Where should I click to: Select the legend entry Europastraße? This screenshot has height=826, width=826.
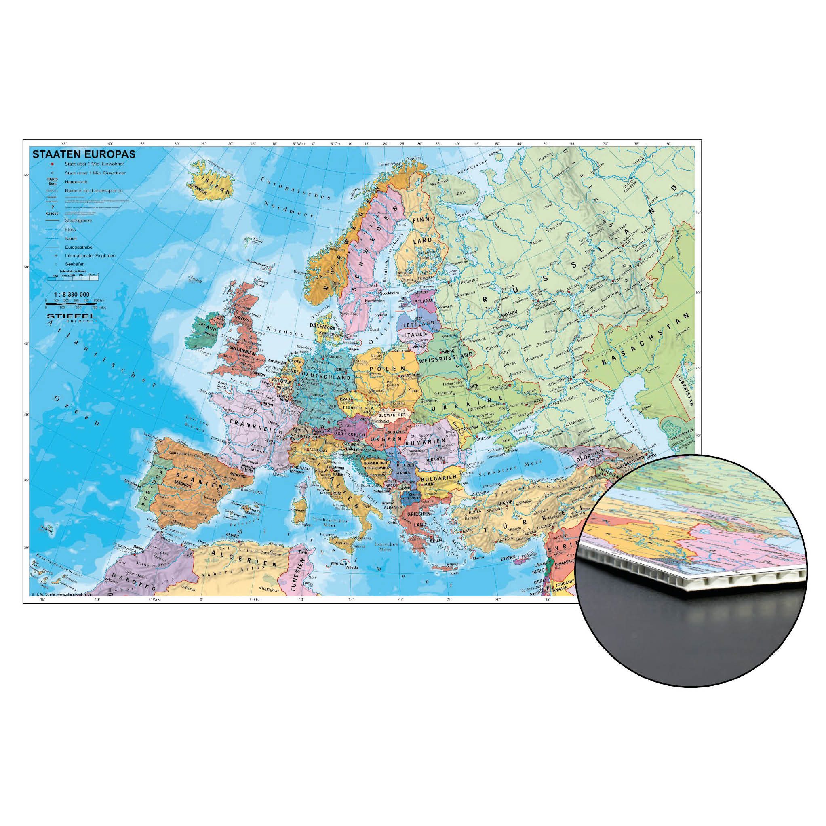coord(79,247)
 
